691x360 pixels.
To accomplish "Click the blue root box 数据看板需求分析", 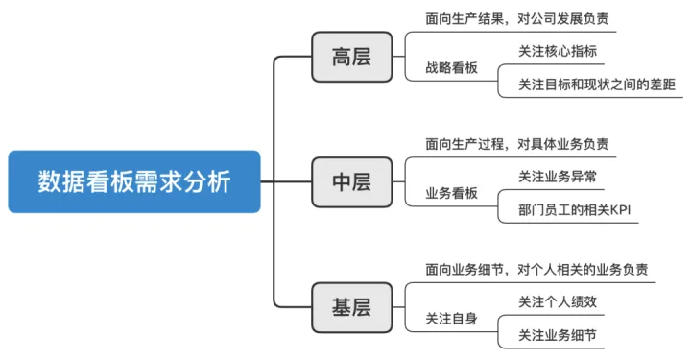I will point(134,181).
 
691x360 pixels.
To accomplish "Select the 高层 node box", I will point(351,57).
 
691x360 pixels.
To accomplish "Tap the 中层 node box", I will point(351,181).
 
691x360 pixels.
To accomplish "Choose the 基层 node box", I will point(351,307).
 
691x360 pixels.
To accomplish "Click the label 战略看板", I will point(451,69).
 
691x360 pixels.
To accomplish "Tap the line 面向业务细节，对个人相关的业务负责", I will point(536,269).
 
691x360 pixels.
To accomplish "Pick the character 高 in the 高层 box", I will point(342,57).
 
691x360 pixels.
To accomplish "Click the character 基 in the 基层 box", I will point(342,307).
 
